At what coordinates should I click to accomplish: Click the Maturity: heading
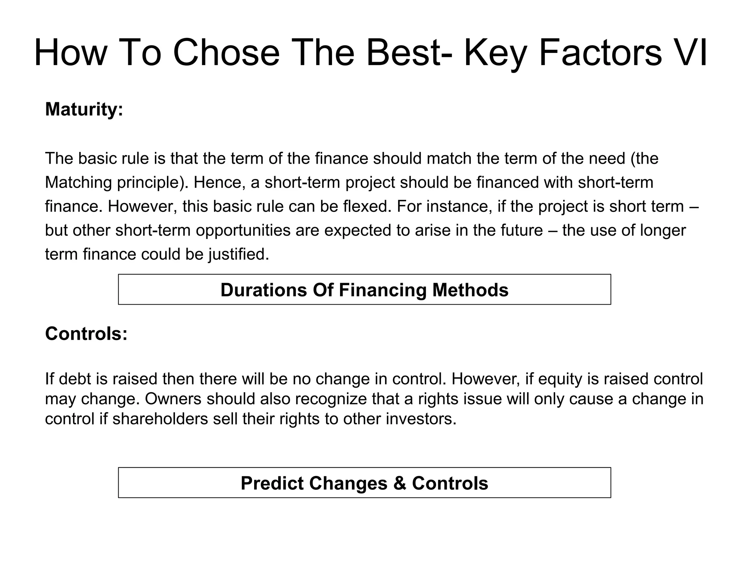[x=84, y=109]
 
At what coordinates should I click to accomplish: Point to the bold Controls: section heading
[x=86, y=333]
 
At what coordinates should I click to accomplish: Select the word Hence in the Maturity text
[x=219, y=182]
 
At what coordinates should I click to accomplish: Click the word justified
[x=239, y=254]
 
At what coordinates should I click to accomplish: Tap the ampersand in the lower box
[x=400, y=483]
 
